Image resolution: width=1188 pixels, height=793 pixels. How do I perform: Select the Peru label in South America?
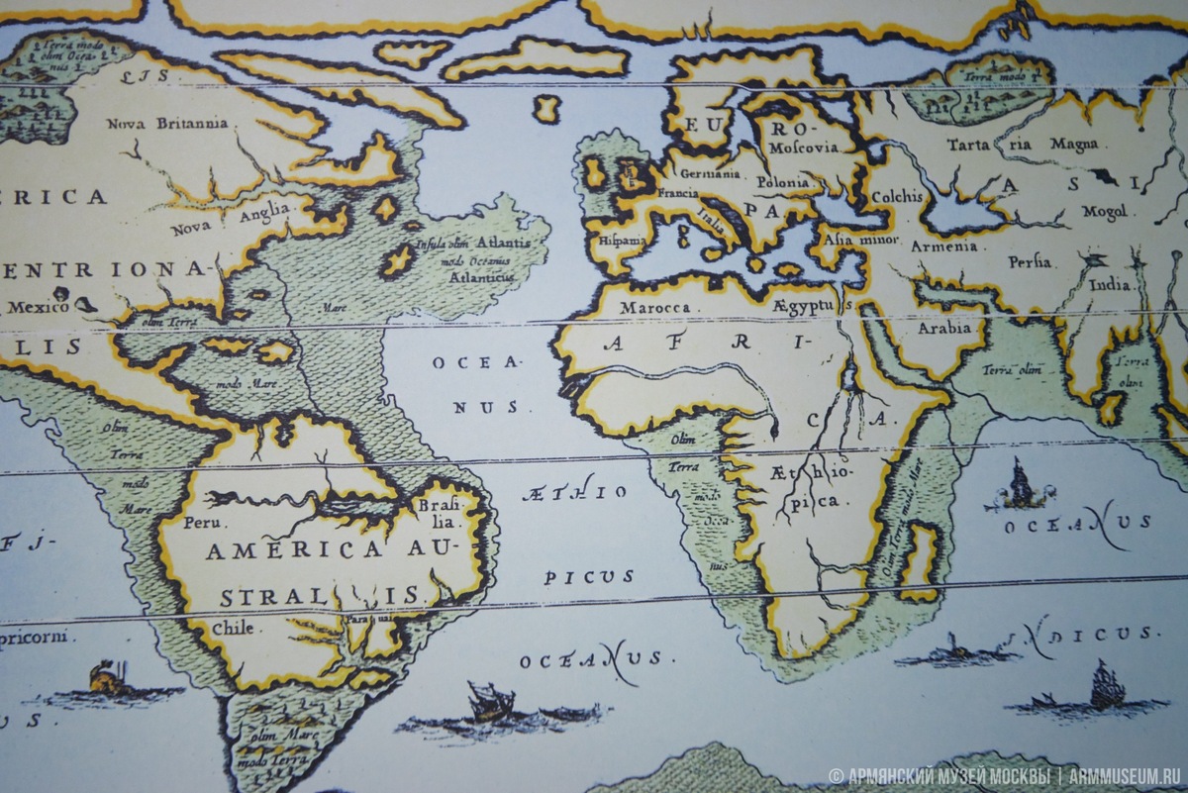pos(211,522)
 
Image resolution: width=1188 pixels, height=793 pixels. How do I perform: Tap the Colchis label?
pos(897,196)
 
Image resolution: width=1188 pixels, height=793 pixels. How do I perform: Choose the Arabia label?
pos(943,328)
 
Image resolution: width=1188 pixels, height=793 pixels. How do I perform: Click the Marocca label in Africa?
pos(654,308)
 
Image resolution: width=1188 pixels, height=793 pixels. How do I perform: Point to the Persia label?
pos(1030,262)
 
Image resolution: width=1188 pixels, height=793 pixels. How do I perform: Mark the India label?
pos(1110,285)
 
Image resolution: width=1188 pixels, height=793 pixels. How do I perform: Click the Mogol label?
pos(1105,211)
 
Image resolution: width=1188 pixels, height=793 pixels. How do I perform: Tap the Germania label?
pos(709,173)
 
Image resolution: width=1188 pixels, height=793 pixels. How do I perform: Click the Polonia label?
pos(782,183)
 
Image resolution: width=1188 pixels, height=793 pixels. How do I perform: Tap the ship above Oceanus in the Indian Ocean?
pos(1020,485)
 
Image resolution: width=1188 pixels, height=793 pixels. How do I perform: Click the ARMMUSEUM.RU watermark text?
pos(1125,776)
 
